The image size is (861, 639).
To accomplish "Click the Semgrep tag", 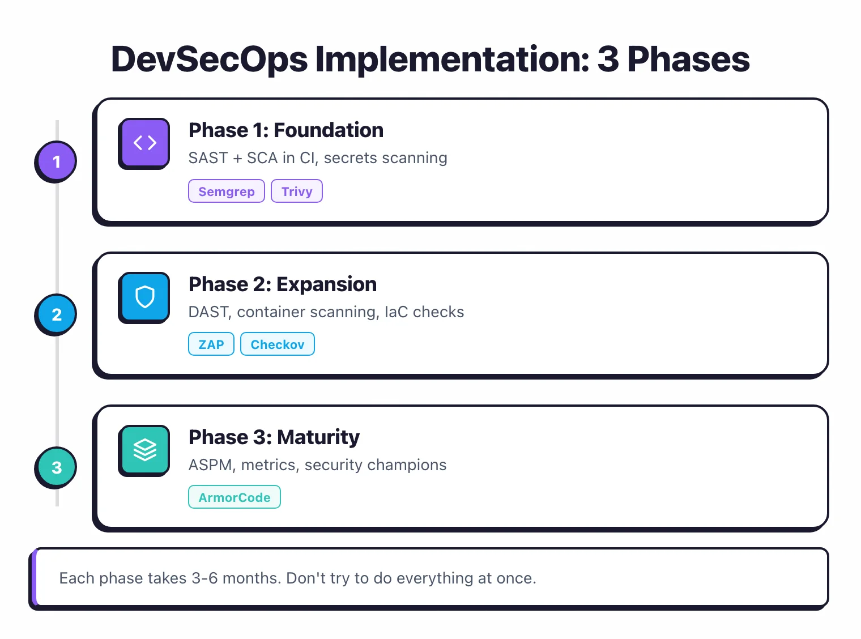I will pyautogui.click(x=226, y=191).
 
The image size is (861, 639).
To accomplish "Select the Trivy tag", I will pyautogui.click(x=297, y=191).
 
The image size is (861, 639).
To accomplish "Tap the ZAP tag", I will pyautogui.click(x=211, y=344).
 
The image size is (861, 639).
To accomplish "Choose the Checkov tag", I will pyautogui.click(x=278, y=344).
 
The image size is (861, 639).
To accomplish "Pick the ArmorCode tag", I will pyautogui.click(x=235, y=497).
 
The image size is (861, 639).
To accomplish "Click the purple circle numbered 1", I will pyautogui.click(x=56, y=161).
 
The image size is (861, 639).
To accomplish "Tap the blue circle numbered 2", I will pyautogui.click(x=56, y=314).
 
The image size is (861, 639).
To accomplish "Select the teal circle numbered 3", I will pyautogui.click(x=56, y=467).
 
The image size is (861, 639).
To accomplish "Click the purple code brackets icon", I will pyautogui.click(x=144, y=143).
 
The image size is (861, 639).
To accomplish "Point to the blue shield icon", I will pyautogui.click(x=144, y=297).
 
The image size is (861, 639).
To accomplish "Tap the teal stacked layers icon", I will pyautogui.click(x=144, y=450).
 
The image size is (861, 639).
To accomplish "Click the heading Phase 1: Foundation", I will pyautogui.click(x=285, y=130).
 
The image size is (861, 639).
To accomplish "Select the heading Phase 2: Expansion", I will pyautogui.click(x=282, y=284).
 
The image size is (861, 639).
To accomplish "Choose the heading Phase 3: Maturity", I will pyautogui.click(x=274, y=437).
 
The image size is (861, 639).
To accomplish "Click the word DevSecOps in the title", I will pyautogui.click(x=210, y=59).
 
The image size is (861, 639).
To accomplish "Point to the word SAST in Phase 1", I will pyautogui.click(x=208, y=158).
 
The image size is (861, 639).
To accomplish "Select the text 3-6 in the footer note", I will pyautogui.click(x=204, y=578).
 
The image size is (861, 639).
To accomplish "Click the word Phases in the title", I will pyautogui.click(x=688, y=59).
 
